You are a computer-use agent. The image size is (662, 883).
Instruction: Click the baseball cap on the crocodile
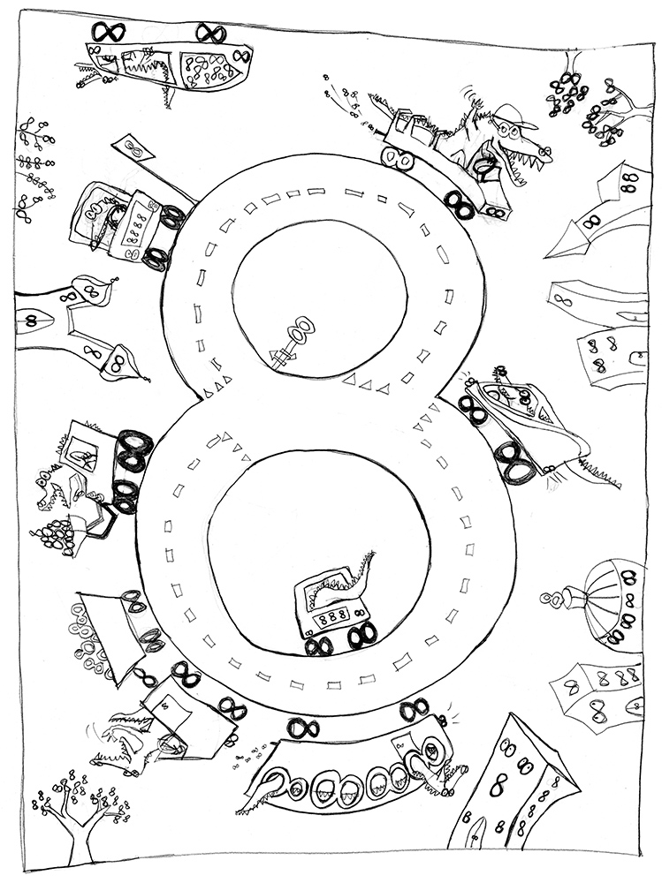coord(514,116)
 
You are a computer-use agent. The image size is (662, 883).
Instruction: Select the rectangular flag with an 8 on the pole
coord(133,148)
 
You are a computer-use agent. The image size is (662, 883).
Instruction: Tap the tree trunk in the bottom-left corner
coord(76,834)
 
